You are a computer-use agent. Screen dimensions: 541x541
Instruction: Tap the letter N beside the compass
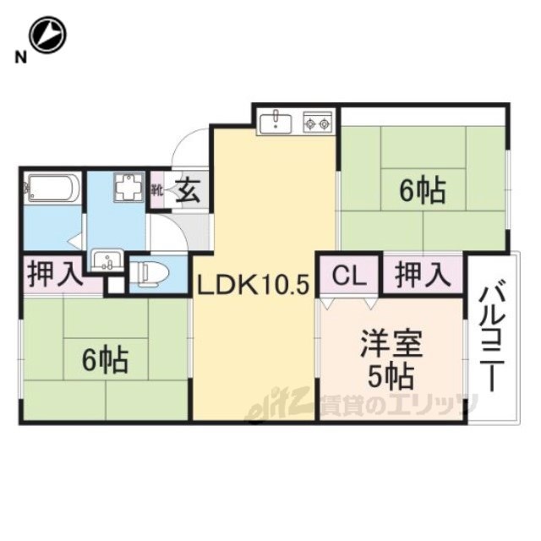18,57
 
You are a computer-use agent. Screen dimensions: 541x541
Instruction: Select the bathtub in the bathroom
52,188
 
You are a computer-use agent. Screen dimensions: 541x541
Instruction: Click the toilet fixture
150,272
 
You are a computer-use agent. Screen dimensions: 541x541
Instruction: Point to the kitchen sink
275,123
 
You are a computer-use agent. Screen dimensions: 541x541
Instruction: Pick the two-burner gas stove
318,123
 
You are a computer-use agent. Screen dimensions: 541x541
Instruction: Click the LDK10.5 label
251,285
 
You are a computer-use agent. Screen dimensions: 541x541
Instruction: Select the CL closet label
348,274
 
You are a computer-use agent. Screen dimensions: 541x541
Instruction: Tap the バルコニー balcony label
491,338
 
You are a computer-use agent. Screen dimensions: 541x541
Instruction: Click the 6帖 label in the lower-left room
106,361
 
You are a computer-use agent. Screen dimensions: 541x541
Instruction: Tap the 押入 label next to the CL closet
423,274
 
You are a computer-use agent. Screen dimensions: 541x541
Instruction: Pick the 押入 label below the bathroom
54,275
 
